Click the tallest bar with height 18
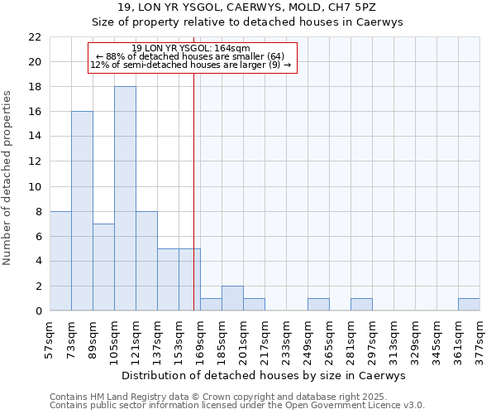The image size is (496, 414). click(x=125, y=199)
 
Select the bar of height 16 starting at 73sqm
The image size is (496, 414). click(x=82, y=211)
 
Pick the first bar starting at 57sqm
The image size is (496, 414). click(x=60, y=261)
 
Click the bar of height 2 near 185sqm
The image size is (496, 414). click(x=232, y=298)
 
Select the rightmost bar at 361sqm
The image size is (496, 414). click(x=469, y=305)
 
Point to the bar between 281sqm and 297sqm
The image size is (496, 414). click(x=361, y=305)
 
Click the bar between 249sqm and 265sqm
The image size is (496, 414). click(x=318, y=305)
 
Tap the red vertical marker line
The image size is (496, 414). click(x=193, y=207)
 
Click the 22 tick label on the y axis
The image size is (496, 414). click(x=35, y=37)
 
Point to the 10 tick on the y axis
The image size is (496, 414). click(x=35, y=186)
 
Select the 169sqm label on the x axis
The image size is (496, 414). click(x=201, y=339)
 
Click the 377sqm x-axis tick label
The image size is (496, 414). click(x=480, y=339)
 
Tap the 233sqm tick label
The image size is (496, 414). click(x=287, y=339)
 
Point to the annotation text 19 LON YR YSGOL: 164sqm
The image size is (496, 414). click(x=191, y=49)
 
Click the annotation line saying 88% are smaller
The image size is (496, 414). click(x=191, y=56)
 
